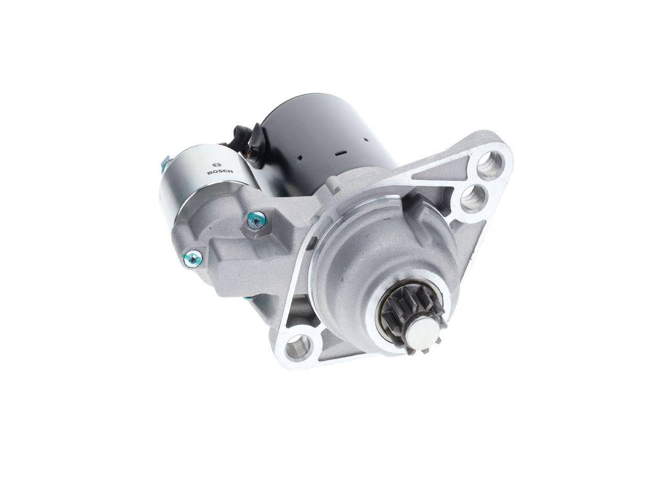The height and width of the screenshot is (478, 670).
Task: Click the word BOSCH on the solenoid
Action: click(220, 173)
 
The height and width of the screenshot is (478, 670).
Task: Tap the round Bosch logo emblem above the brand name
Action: click(216, 165)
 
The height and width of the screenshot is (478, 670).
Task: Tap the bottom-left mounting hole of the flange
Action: click(299, 347)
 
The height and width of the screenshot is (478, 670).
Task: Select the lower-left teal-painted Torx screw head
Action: click(193, 258)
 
